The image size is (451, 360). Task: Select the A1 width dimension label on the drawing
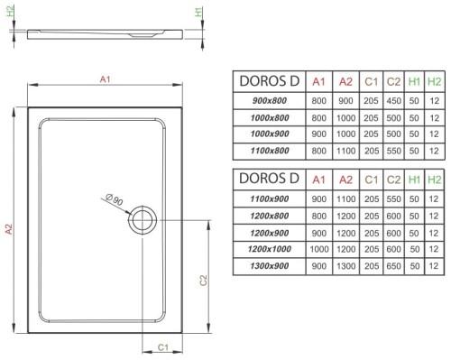click(104, 80)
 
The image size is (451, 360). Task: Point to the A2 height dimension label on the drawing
click(9, 230)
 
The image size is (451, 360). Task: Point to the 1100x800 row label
click(264, 150)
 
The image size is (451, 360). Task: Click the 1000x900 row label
click(264, 134)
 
